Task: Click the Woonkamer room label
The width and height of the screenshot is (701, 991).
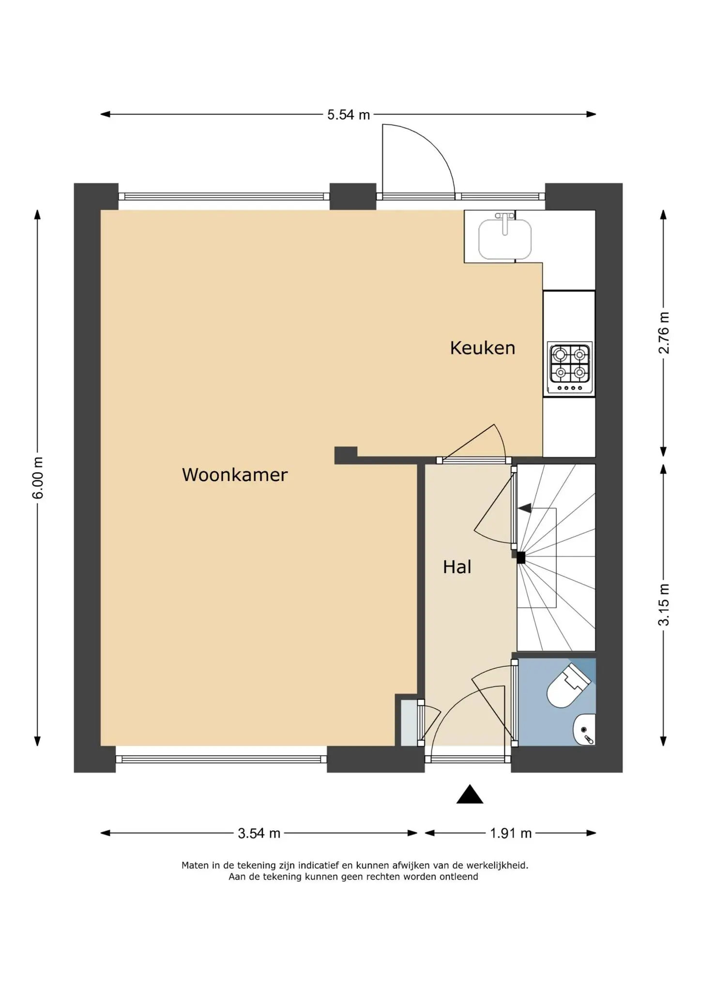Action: pyautogui.click(x=235, y=475)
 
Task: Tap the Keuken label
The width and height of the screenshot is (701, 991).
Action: pyautogui.click(x=483, y=348)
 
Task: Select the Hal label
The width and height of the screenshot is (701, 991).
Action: pyautogui.click(x=457, y=567)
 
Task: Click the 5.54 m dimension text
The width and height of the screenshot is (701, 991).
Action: pyautogui.click(x=349, y=115)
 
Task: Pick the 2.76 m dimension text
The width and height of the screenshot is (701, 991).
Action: pyautogui.click(x=664, y=333)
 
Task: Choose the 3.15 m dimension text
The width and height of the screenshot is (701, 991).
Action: pyautogui.click(x=664, y=604)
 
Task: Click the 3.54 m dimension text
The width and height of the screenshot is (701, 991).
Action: pyautogui.click(x=259, y=833)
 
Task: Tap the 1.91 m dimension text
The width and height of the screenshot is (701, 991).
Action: pyautogui.click(x=511, y=833)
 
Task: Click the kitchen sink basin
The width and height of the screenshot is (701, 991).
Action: pyautogui.click(x=505, y=240)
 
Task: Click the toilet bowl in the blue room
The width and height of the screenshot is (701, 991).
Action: pyautogui.click(x=567, y=686)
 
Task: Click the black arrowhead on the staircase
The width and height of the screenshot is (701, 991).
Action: pyautogui.click(x=525, y=508)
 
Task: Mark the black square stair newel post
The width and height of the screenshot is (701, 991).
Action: pyautogui.click(x=521, y=558)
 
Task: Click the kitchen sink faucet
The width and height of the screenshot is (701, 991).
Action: pyautogui.click(x=505, y=223)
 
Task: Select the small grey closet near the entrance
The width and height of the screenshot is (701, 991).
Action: pyautogui.click(x=409, y=723)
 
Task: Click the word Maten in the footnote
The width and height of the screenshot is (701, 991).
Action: pyautogui.click(x=195, y=865)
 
